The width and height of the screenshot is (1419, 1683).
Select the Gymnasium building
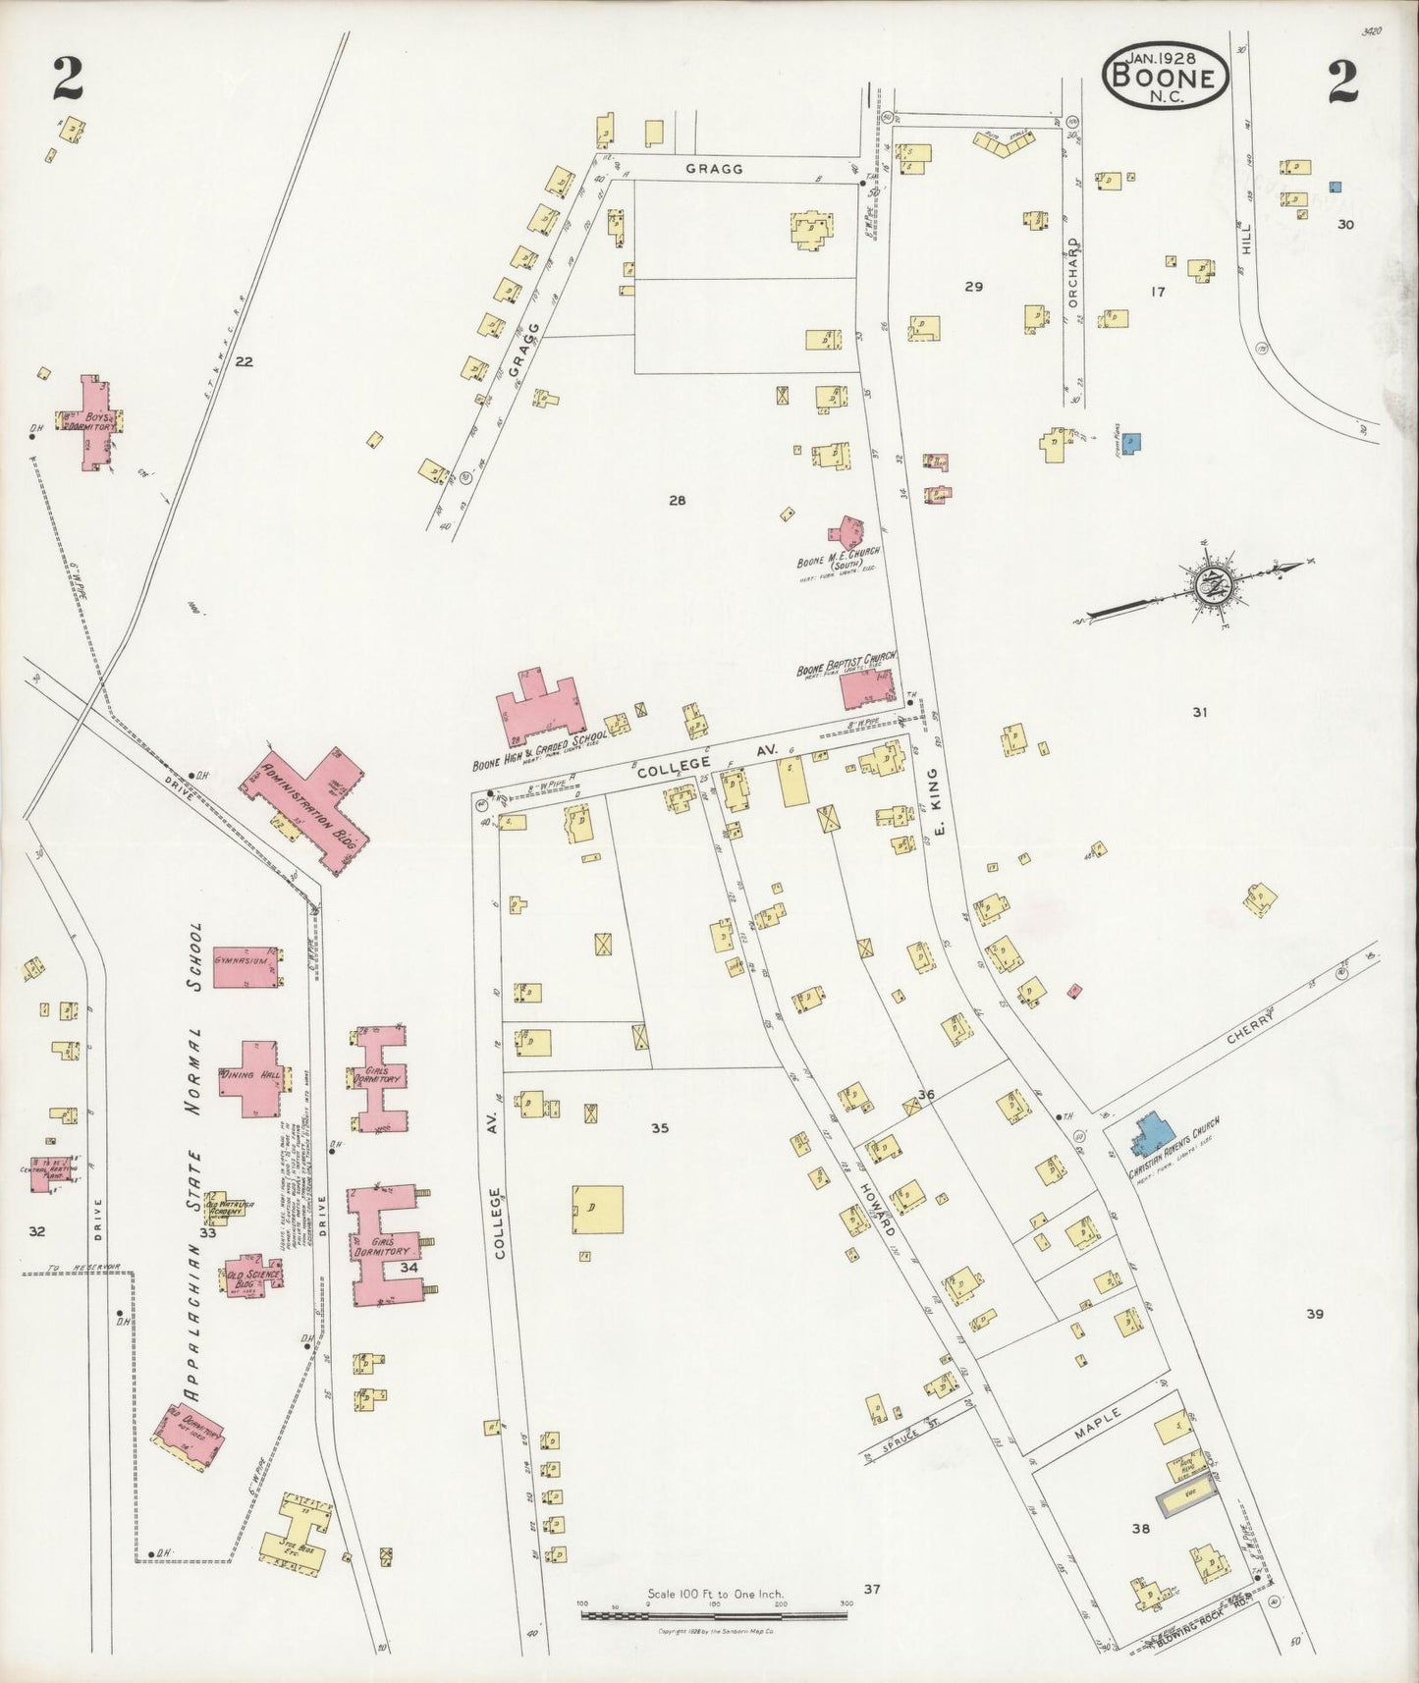[x=246, y=964]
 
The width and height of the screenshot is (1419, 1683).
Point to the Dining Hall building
[x=252, y=1077]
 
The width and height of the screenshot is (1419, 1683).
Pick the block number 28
[x=677, y=501]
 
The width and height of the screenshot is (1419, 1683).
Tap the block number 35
[x=660, y=1128]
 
